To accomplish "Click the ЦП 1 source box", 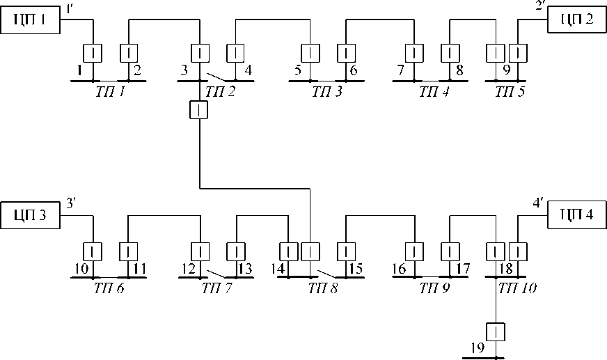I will click(31, 19).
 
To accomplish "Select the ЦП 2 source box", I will click(576, 19).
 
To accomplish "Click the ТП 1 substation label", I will click(112, 91).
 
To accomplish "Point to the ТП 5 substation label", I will click(510, 91).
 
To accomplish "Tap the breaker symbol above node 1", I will click(93, 53).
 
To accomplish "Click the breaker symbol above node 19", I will click(495, 331).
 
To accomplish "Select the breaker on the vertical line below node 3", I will click(200, 110).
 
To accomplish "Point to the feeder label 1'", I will click(72, 9).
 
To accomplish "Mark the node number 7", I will click(400, 70).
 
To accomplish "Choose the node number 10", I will click(81, 267).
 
